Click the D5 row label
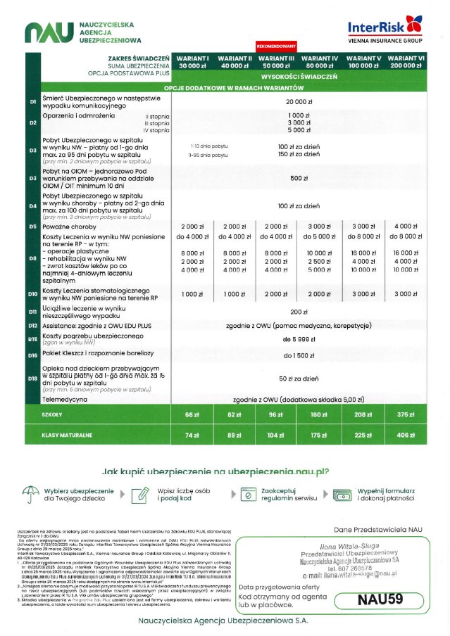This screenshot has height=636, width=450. (32, 227)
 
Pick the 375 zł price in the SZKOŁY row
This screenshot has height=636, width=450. (406, 415)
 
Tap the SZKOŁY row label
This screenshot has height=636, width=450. (53, 415)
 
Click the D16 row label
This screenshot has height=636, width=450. (32, 355)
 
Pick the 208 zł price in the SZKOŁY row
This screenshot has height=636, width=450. (359, 415)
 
